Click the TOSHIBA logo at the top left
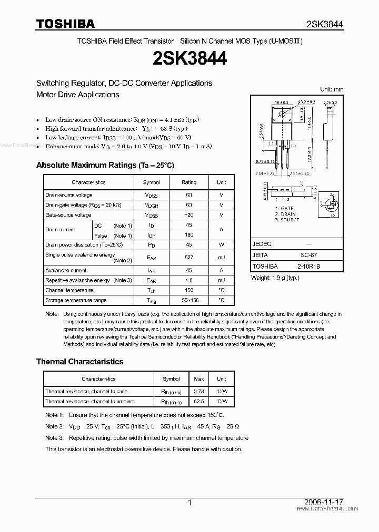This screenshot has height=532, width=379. [65, 24]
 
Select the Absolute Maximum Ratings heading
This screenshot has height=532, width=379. [105, 165]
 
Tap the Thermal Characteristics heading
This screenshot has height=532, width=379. [79, 362]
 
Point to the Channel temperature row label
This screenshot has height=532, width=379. [69, 290]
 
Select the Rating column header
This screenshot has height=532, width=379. [189, 182]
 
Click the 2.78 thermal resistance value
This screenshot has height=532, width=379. [199, 392]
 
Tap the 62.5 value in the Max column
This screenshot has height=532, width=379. [199, 402]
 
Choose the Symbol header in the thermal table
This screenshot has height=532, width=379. [171, 378]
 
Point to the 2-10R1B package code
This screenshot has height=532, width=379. [308, 266]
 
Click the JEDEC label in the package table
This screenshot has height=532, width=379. [262, 244]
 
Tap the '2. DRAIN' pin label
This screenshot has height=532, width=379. [285, 214]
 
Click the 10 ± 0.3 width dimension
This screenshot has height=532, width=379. [281, 102]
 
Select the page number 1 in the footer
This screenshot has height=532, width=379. [189, 503]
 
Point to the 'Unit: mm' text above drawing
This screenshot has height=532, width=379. [332, 90]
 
